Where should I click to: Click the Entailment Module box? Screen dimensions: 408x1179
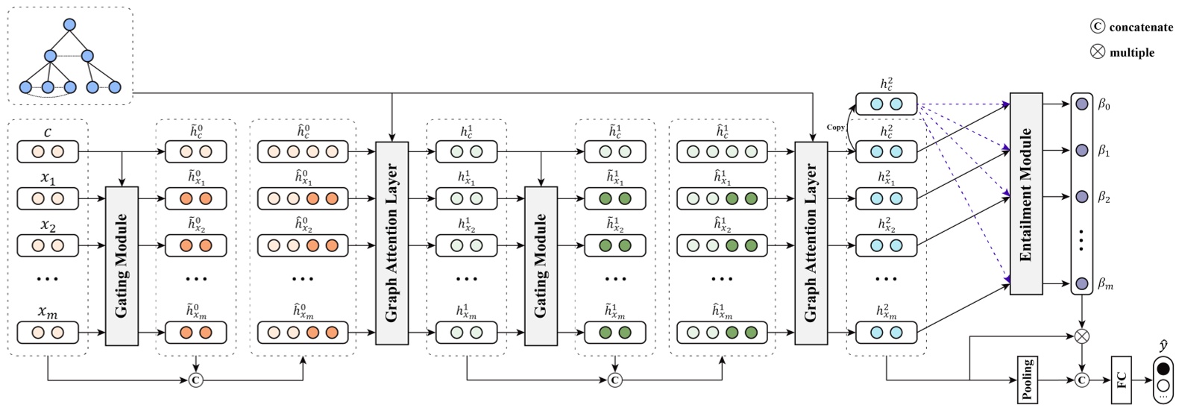click(1025, 193)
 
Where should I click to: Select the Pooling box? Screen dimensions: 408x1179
click(1028, 378)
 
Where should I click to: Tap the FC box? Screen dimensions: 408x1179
click(1122, 379)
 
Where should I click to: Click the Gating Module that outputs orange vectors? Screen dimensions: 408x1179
click(122, 266)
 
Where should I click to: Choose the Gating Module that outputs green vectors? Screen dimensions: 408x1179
click(541, 266)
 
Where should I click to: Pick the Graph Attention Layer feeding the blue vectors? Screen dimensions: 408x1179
click(811, 243)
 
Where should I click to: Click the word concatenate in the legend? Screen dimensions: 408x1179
click(1141, 28)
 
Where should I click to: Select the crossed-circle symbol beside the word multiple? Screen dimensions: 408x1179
click(1098, 52)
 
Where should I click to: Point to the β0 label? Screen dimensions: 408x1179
click(1104, 105)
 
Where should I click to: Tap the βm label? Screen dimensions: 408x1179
click(1105, 284)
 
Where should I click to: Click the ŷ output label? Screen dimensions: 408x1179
click(1163, 345)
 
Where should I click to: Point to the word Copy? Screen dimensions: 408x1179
click(835, 128)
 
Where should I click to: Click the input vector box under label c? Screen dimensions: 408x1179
click(48, 152)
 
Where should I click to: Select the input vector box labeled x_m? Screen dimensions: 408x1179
click(48, 333)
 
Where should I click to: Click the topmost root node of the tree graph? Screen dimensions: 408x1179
click(69, 25)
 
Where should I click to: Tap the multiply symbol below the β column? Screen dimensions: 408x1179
click(1081, 336)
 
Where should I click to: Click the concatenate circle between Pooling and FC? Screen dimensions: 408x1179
click(1081, 380)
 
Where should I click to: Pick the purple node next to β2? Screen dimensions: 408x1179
click(1081, 197)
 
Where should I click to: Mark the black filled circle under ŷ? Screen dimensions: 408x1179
click(1163, 369)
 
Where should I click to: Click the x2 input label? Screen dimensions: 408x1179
click(48, 226)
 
